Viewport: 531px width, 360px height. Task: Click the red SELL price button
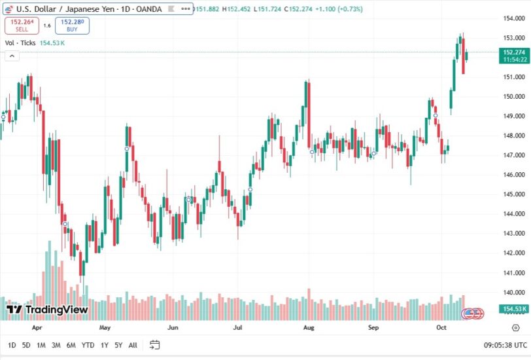click(22, 26)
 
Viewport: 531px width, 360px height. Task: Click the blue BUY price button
click(73, 26)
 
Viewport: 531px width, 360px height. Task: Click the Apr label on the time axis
click(37, 326)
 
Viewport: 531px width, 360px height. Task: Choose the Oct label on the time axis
click(440, 326)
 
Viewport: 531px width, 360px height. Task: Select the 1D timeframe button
click(12, 345)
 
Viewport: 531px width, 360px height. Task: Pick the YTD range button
click(87, 345)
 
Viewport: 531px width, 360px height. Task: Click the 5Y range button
click(118, 345)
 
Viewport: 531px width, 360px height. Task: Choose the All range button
click(133, 345)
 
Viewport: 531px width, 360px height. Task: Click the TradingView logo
click(46, 310)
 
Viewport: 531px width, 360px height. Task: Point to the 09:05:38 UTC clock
click(505, 345)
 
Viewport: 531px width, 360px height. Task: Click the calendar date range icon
click(155, 345)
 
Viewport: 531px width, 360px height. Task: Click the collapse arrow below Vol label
click(11, 56)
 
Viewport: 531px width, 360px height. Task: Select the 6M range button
click(71, 345)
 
